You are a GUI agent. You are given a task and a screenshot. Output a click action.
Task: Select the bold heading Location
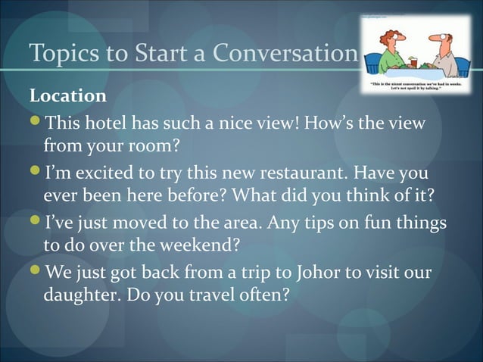click(x=67, y=97)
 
